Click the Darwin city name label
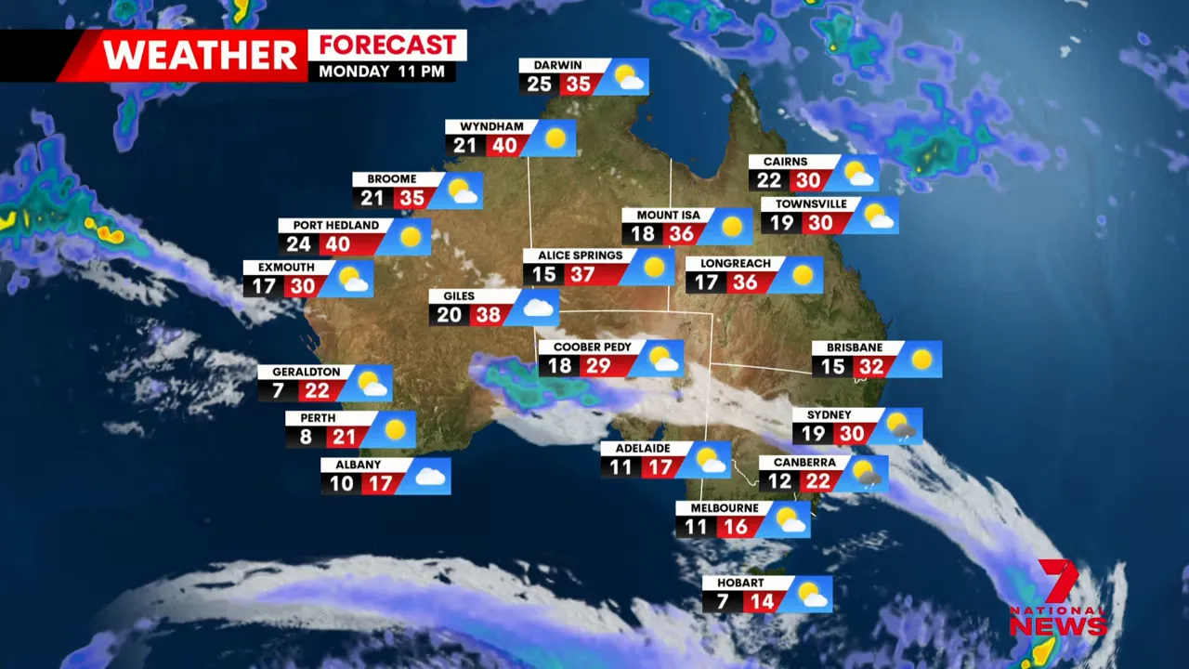(557, 66)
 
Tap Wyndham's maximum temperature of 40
(504, 146)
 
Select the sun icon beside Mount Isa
(732, 226)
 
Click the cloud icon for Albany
(429, 477)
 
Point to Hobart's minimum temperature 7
(722, 602)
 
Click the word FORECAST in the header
(387, 46)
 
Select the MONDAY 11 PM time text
(382, 72)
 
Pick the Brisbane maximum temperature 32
(870, 367)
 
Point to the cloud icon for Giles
(539, 308)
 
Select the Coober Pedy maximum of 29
(597, 366)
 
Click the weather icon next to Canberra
(867, 473)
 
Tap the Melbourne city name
(725, 509)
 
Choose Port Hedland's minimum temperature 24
(298, 244)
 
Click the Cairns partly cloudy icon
(858, 174)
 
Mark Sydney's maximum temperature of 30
(851, 434)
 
